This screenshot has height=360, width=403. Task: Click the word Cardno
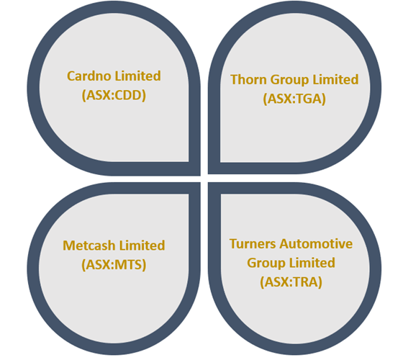pos(89,76)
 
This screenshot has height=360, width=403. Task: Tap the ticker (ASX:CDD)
pos(114,95)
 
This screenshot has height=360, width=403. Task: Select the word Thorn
pos(248,79)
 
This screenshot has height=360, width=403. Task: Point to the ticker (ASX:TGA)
pos(294,99)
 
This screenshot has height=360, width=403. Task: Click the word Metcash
pos(89,246)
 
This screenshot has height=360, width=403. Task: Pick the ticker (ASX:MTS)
pos(114,265)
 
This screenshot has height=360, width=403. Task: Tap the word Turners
pos(253,244)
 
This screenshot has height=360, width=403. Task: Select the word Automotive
pos(316,244)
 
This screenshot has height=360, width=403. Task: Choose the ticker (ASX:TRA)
pos(291,282)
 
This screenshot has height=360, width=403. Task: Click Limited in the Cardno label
pos(137,76)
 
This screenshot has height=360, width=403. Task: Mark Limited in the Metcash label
pos(142,246)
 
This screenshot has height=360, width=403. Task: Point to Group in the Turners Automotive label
pos(266,264)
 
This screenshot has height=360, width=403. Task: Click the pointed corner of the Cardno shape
pos(200,176)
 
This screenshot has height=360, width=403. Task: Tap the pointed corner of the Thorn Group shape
pos(209,174)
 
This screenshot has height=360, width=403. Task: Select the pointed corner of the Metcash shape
pos(200,183)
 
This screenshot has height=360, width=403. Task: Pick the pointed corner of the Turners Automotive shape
pos(209,183)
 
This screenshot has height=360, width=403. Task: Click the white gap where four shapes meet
pos(204,179)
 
